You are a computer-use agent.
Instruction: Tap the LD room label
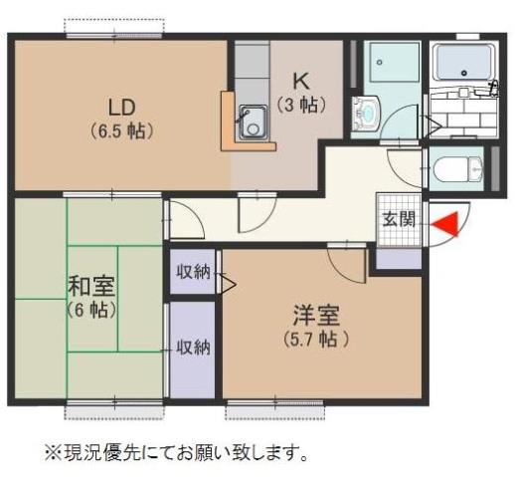tap(120, 107)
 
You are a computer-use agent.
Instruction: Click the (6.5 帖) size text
tap(121, 129)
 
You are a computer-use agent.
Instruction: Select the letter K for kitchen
tap(296, 83)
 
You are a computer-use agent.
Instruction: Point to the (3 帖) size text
tap(296, 105)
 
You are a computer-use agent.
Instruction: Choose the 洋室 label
tap(316, 316)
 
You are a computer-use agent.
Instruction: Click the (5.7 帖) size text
tap(316, 339)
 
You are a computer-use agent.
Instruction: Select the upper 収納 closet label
tap(193, 271)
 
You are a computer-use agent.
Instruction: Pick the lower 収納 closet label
tap(193, 347)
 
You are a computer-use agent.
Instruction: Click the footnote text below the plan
tap(172, 453)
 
